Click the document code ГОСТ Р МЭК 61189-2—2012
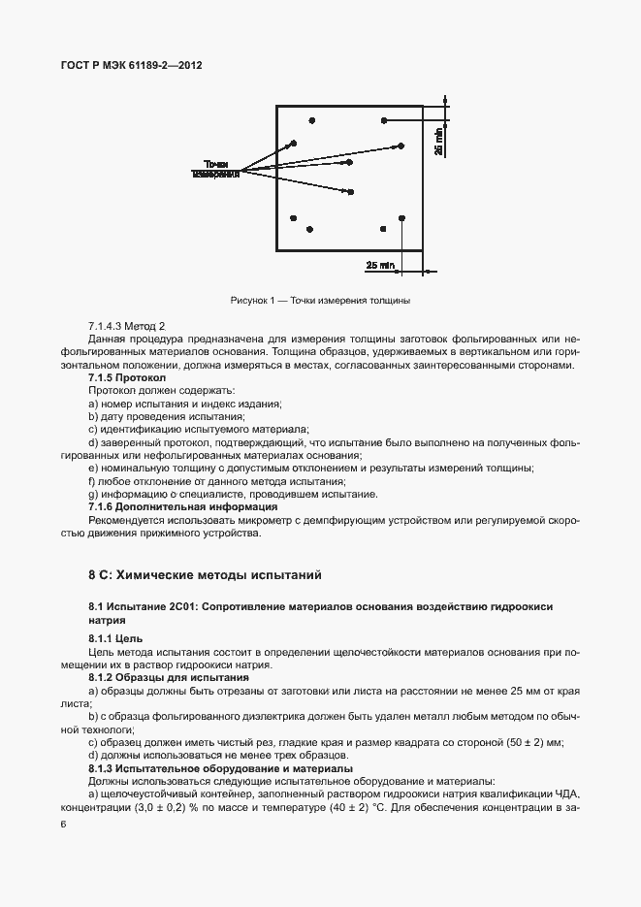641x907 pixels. [131, 65]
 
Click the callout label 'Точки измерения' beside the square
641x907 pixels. [215, 168]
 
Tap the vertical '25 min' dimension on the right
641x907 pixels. [438, 142]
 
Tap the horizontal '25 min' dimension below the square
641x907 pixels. [380, 265]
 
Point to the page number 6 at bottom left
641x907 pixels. [63, 824]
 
